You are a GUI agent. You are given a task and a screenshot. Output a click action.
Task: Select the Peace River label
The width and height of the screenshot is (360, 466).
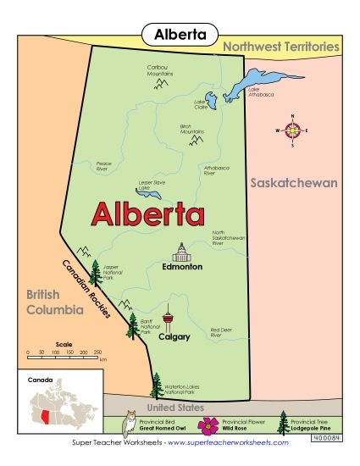104,165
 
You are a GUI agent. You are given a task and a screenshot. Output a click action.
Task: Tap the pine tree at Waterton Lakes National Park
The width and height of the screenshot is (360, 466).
155,385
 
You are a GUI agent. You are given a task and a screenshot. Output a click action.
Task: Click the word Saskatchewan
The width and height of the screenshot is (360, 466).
293,183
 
